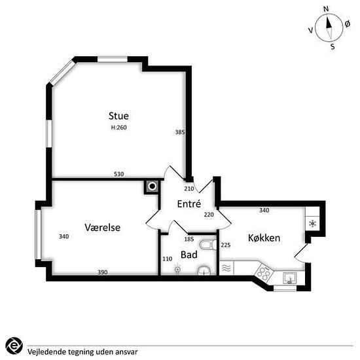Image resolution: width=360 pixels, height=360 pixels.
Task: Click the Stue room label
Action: pyautogui.click(x=118, y=116)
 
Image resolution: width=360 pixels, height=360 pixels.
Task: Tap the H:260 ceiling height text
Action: pyautogui.click(x=119, y=128)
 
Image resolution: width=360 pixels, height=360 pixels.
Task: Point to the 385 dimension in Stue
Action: pyautogui.click(x=180, y=132)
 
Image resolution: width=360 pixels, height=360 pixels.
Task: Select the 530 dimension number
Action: pyautogui.click(x=119, y=174)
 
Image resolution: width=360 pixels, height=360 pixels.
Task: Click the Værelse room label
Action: pyautogui.click(x=102, y=228)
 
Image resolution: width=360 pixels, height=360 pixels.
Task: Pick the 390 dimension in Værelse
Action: pyautogui.click(x=103, y=272)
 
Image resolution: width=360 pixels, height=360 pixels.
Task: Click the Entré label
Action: pyautogui.click(x=189, y=204)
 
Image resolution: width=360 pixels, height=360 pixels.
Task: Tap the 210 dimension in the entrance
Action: pyautogui.click(x=189, y=189)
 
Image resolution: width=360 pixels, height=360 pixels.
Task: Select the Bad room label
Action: pyautogui.click(x=189, y=255)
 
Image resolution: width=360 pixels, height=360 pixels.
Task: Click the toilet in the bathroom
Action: pyautogui.click(x=207, y=245)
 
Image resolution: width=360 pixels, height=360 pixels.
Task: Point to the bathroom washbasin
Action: pyautogui.click(x=204, y=270)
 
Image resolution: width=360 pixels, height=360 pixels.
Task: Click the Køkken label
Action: pyautogui.click(x=264, y=238)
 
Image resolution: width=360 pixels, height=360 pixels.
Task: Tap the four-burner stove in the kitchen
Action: pyautogui.click(x=264, y=272)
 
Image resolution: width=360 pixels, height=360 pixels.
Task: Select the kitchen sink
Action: pyautogui.click(x=290, y=278)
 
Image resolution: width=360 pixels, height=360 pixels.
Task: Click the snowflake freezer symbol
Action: pyautogui.click(x=312, y=223)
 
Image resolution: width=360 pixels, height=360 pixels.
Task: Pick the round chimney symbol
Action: pyautogui.click(x=152, y=187)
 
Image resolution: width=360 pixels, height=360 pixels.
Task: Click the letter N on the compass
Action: pyautogui.click(x=326, y=9)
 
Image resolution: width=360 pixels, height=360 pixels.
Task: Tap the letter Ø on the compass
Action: pyautogui.click(x=348, y=24)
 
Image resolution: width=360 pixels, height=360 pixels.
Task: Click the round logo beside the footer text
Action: pyautogui.click(x=14, y=346)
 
